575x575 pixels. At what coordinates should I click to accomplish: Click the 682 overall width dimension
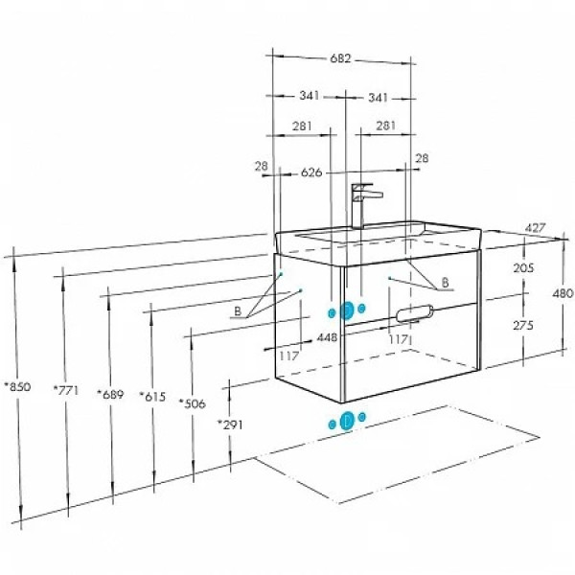tap(340, 58)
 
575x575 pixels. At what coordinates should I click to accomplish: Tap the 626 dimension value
tap(311, 172)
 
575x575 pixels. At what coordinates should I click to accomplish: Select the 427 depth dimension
tap(535, 228)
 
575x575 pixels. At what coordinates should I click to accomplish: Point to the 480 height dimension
tap(563, 293)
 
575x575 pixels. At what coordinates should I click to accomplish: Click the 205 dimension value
tap(523, 268)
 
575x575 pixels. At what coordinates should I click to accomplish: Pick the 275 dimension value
tap(523, 325)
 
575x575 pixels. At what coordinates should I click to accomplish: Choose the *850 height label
tap(17, 386)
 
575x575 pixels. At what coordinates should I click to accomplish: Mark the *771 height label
tap(66, 390)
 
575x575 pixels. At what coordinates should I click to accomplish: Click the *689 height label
tap(110, 394)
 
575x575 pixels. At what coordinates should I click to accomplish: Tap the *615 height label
tap(152, 397)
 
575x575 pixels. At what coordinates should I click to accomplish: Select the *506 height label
tap(193, 403)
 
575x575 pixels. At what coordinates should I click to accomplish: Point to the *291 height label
tap(230, 425)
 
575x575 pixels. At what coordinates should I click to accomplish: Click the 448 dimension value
tap(327, 337)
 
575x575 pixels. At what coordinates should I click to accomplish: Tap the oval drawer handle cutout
tap(415, 313)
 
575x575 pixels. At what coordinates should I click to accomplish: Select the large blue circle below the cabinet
tap(347, 421)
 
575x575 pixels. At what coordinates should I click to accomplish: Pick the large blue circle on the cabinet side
tap(347, 310)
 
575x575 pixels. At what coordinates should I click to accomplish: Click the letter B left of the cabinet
tap(238, 311)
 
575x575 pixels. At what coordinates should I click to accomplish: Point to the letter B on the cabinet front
tap(445, 283)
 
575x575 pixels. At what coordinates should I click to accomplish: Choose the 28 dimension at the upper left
tap(262, 166)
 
